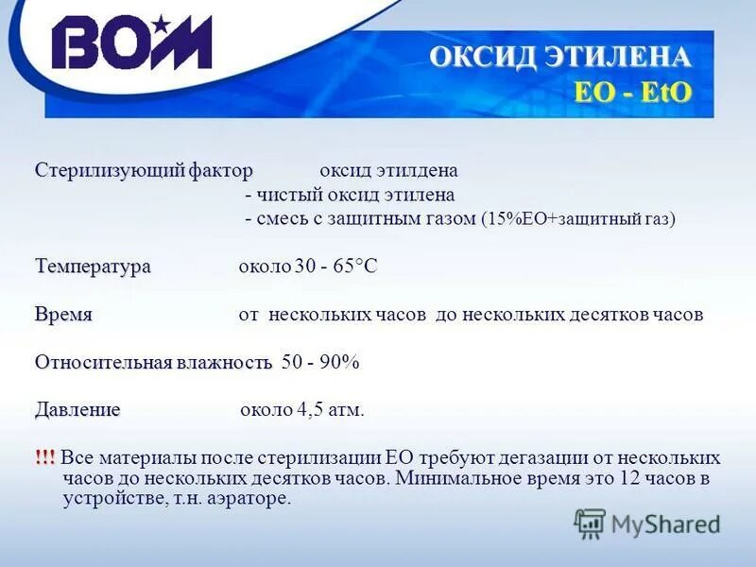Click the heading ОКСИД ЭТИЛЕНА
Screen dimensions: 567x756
[560, 57]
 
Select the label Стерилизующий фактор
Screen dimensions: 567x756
[145, 170]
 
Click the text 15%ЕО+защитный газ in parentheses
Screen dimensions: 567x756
[577, 219]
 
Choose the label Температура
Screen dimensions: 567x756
[93, 266]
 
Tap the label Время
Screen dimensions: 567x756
[63, 314]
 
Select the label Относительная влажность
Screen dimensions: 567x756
[153, 362]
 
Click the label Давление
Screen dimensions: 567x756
[77, 410]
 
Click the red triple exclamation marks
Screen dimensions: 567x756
[45, 457]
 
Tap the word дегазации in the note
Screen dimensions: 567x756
[516, 457]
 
